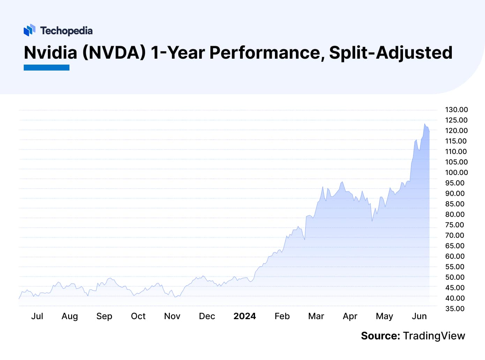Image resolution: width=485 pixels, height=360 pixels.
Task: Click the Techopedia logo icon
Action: [x=29, y=30]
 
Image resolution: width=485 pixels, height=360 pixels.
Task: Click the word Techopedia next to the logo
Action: [x=66, y=31]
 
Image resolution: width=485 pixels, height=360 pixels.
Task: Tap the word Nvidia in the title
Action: [x=50, y=53]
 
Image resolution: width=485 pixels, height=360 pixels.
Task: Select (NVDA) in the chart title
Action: [x=114, y=53]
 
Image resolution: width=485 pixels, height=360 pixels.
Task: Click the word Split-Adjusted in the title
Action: [x=391, y=53]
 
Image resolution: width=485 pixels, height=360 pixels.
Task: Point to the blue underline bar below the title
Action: [x=46, y=67]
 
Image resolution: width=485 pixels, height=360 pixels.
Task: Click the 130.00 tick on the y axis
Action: [x=456, y=110]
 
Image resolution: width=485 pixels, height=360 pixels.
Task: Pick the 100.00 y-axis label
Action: [x=456, y=172]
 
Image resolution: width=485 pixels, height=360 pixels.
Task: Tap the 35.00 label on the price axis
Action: [x=455, y=309]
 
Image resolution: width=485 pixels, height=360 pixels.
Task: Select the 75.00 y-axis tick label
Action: [x=455, y=225]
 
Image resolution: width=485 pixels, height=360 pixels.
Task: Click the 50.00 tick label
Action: [x=455, y=277]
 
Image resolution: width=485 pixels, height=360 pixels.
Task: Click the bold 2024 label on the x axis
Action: [x=244, y=316]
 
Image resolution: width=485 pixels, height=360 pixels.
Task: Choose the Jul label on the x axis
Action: [x=37, y=316]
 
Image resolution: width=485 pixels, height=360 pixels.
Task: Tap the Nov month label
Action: [x=172, y=316]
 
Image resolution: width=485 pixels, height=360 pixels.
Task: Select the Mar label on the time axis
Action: [x=316, y=316]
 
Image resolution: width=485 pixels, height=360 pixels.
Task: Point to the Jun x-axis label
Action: [x=419, y=316]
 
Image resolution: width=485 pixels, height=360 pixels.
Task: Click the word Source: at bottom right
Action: [x=380, y=336]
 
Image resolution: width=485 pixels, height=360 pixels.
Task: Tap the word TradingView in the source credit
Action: [x=434, y=336]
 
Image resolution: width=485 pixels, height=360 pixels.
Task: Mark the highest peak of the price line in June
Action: [x=425, y=124]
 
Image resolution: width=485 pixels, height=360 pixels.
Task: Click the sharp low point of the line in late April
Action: [x=372, y=221]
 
